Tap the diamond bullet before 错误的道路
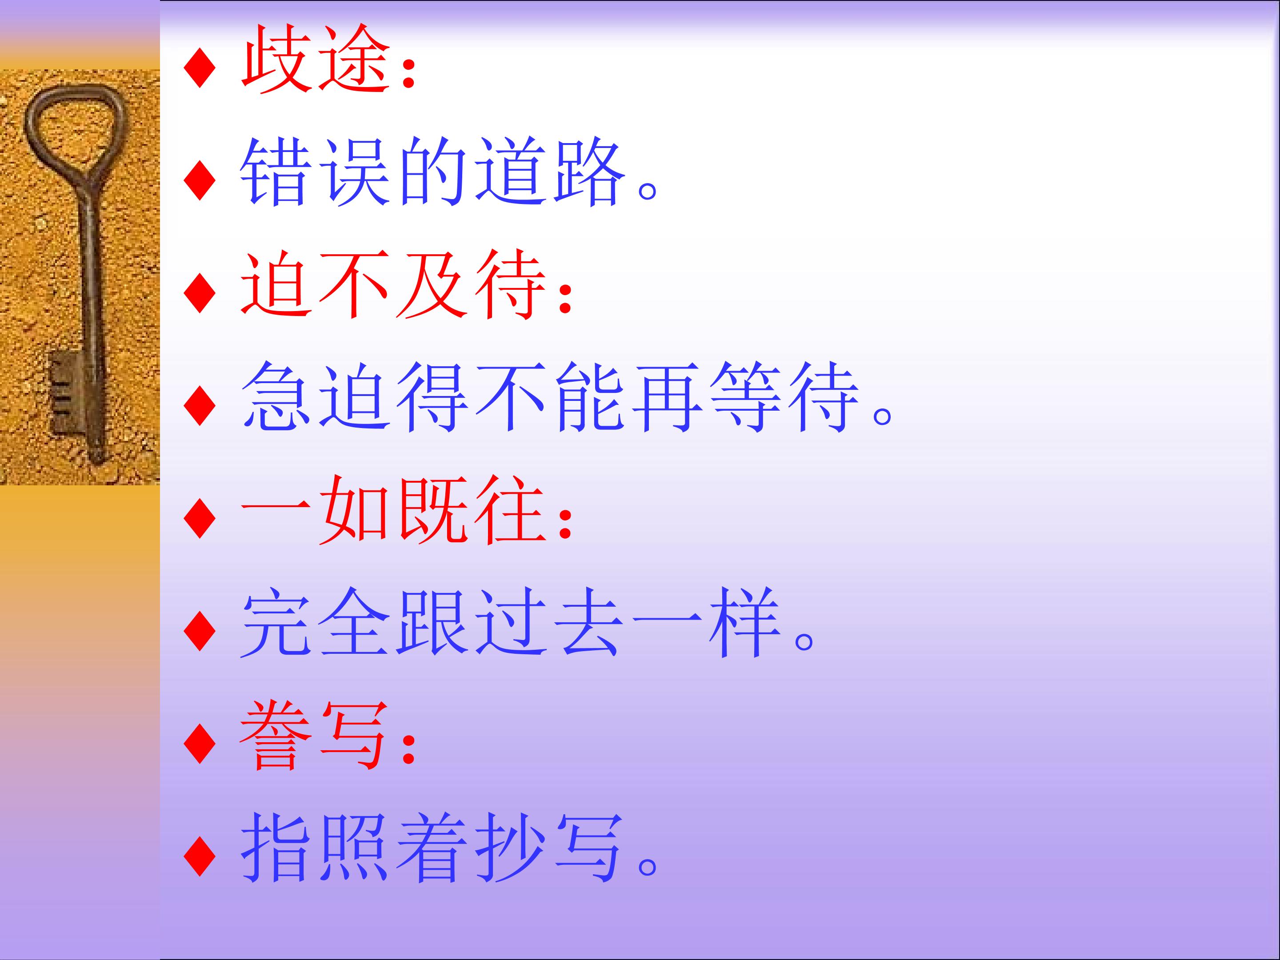pyautogui.click(x=199, y=182)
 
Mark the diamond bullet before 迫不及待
pyautogui.click(x=199, y=294)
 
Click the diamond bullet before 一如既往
pyautogui.click(x=199, y=520)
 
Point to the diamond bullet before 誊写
pyautogui.click(x=199, y=745)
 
